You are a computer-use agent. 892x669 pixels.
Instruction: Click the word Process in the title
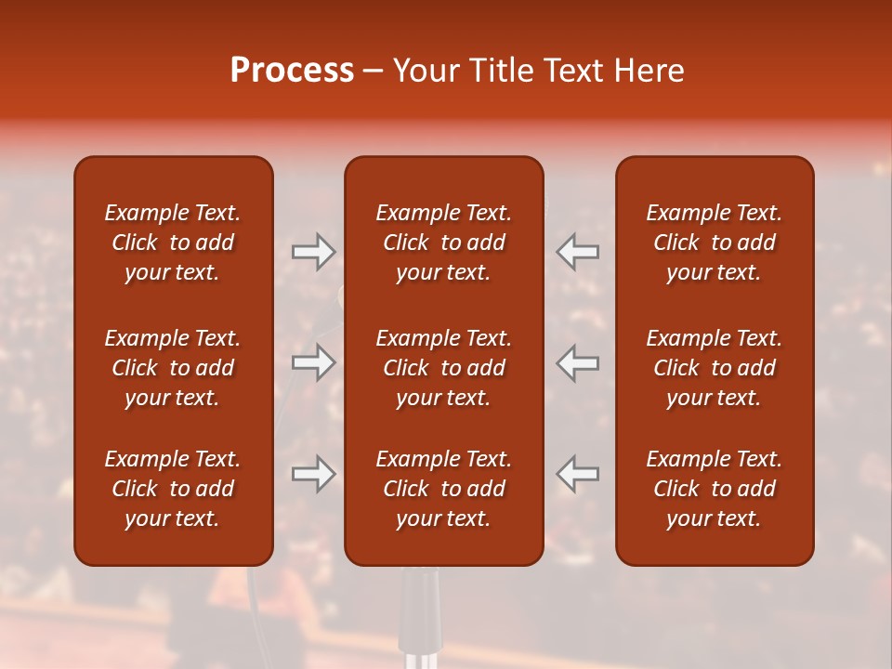pyautogui.click(x=292, y=71)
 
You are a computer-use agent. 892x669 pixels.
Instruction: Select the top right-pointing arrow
pyautogui.click(x=313, y=252)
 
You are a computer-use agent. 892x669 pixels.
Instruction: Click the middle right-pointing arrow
pyautogui.click(x=313, y=362)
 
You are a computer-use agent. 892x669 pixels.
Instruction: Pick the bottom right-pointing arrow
pyautogui.click(x=313, y=474)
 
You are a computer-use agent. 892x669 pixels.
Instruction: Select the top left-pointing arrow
pyautogui.click(x=577, y=252)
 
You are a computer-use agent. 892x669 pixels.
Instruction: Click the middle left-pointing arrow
pyautogui.click(x=577, y=362)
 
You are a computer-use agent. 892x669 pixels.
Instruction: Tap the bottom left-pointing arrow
pyautogui.click(x=577, y=474)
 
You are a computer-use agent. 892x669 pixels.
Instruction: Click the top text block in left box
pyautogui.click(x=173, y=243)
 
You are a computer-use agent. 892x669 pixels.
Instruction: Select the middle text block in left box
pyautogui.click(x=173, y=368)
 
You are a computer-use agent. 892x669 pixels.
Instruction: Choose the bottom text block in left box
pyautogui.click(x=173, y=489)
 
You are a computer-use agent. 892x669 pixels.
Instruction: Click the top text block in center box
pyautogui.click(x=443, y=243)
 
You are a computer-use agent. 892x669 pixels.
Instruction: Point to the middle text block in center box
pyautogui.click(x=443, y=368)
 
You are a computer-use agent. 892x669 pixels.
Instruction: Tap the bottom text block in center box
pyautogui.click(x=443, y=489)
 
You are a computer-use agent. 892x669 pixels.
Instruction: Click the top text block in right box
pyautogui.click(x=714, y=243)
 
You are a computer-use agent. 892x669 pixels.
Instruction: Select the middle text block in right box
pyautogui.click(x=714, y=368)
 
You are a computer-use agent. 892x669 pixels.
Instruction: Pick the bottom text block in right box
pyautogui.click(x=714, y=489)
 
